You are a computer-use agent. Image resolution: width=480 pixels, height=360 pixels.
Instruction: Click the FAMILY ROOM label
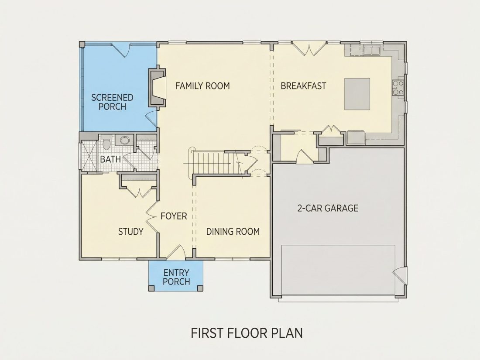[202, 86]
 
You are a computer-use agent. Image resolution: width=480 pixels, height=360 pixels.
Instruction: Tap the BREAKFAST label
[303, 86]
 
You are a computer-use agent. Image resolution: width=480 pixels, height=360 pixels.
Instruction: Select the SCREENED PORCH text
[112, 102]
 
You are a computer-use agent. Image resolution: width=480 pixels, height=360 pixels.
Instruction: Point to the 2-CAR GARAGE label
[328, 208]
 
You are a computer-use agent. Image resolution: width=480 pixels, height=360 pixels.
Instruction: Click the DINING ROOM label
[233, 231]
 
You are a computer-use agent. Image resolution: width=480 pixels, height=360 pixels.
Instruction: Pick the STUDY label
[131, 231]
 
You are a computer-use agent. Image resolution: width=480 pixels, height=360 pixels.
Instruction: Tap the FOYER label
[174, 216]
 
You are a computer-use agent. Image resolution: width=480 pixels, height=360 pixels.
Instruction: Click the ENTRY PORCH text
[176, 277]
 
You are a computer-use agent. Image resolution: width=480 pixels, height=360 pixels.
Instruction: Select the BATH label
[110, 159]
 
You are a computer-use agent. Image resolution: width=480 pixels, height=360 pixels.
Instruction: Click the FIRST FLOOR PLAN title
[247, 333]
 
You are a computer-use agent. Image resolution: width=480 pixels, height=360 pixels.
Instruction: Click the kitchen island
[357, 94]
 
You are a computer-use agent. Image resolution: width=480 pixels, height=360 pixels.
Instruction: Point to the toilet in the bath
[106, 144]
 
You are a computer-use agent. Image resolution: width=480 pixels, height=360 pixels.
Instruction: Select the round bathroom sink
[125, 140]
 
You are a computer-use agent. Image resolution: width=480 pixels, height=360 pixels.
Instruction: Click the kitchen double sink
[372, 50]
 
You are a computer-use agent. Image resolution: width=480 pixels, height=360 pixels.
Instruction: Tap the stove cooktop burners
[398, 87]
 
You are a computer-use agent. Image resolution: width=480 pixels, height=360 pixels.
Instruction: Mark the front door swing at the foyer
[176, 252]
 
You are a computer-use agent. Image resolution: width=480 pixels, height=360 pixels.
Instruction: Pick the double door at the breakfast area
[309, 49]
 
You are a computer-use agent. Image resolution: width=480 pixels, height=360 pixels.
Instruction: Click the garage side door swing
[399, 275]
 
